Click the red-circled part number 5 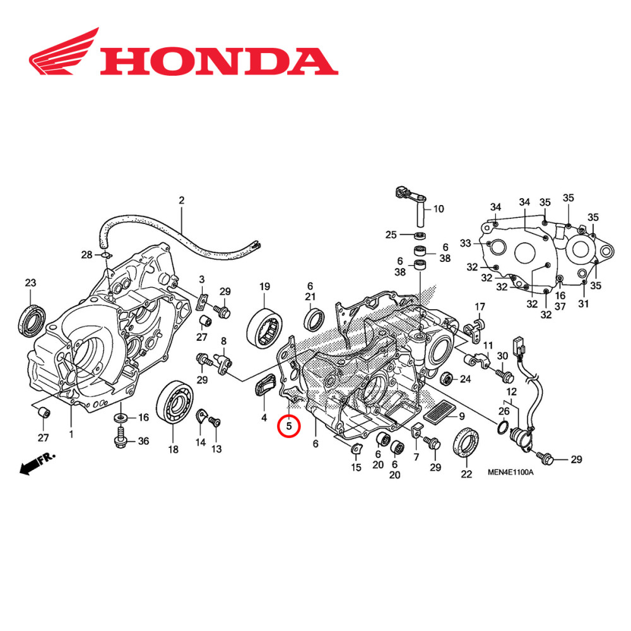tap(289, 427)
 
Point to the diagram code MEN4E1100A tap(510, 472)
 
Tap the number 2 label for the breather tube tap(181, 201)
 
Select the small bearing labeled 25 tap(419, 235)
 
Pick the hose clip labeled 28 tap(105, 255)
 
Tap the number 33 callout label tap(466, 244)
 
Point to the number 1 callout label tap(71, 434)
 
